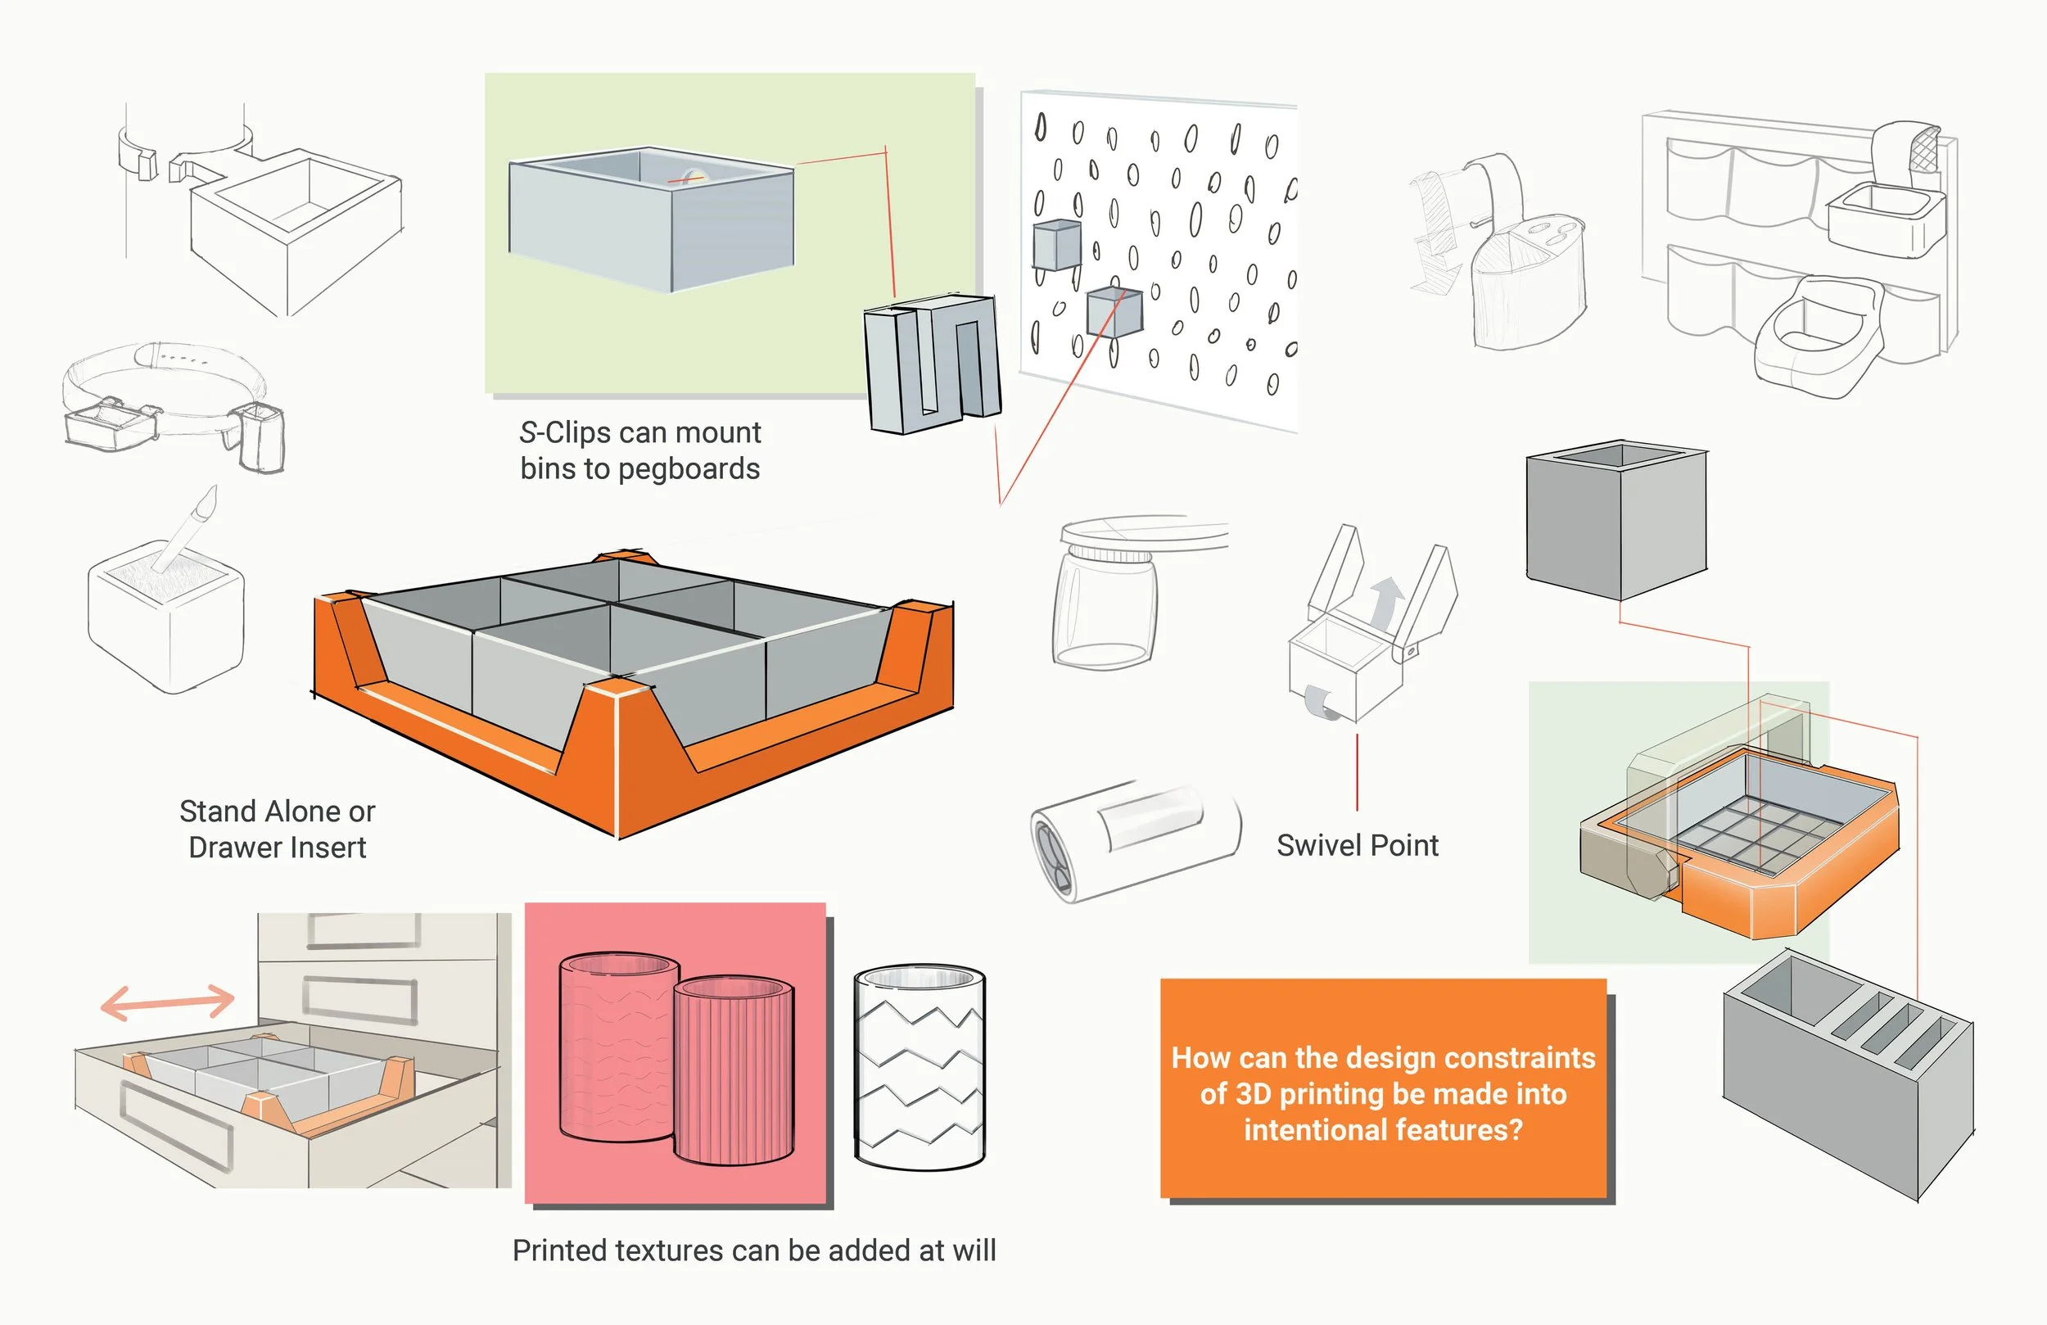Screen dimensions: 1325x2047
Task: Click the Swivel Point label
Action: click(x=1358, y=845)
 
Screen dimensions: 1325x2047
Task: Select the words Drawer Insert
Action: click(x=277, y=848)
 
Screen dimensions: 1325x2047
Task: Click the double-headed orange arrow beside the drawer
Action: click(x=168, y=1002)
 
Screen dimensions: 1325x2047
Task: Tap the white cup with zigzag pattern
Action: click(x=920, y=1067)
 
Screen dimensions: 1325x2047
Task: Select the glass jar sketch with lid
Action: click(x=1105, y=598)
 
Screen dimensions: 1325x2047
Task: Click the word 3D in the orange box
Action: click(x=1255, y=1093)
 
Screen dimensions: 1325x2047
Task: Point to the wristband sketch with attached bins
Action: click(x=172, y=405)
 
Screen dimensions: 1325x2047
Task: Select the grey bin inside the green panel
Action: click(x=651, y=219)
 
